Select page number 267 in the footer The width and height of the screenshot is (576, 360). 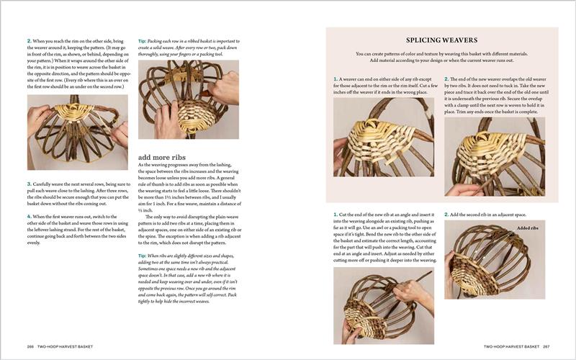(546, 347)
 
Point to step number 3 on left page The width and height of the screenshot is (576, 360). (29, 184)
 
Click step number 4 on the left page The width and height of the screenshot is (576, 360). (29, 216)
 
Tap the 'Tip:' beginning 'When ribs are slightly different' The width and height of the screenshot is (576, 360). (143, 255)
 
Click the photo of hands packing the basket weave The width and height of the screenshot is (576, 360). (188, 101)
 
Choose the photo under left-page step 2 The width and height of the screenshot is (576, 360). (77, 132)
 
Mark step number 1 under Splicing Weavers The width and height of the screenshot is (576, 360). (335, 78)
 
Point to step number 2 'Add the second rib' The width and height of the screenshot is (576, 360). (446, 214)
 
